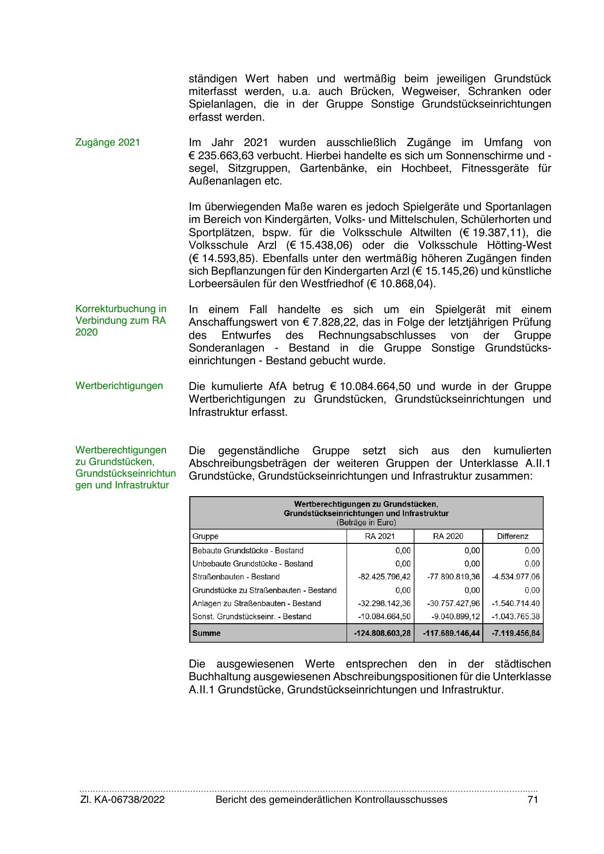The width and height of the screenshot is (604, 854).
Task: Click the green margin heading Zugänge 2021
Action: pos(108,143)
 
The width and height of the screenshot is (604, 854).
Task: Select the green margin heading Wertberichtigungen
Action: pos(119,386)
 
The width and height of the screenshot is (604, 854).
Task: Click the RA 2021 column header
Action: pos(380,537)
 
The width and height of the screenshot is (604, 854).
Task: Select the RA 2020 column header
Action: pos(448,537)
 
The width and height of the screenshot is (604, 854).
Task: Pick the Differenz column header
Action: pos(512,537)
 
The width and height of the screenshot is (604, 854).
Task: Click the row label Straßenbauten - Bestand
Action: pos(236,577)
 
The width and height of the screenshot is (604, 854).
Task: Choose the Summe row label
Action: pos(206,633)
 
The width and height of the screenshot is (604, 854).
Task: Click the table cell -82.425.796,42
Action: pos(384,577)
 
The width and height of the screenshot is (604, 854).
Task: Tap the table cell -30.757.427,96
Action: pos(453,604)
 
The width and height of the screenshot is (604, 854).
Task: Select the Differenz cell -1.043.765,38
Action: pos(515,617)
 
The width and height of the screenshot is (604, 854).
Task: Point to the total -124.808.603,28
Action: pos(382,633)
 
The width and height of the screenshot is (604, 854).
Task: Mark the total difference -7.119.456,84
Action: pos(515,633)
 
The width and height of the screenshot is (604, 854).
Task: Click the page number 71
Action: pos(532,799)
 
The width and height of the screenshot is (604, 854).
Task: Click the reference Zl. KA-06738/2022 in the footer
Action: pos(122,799)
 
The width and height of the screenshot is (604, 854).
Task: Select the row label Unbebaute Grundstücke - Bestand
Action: pos(253,564)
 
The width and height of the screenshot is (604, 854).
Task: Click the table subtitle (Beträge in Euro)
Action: pos(366,523)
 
